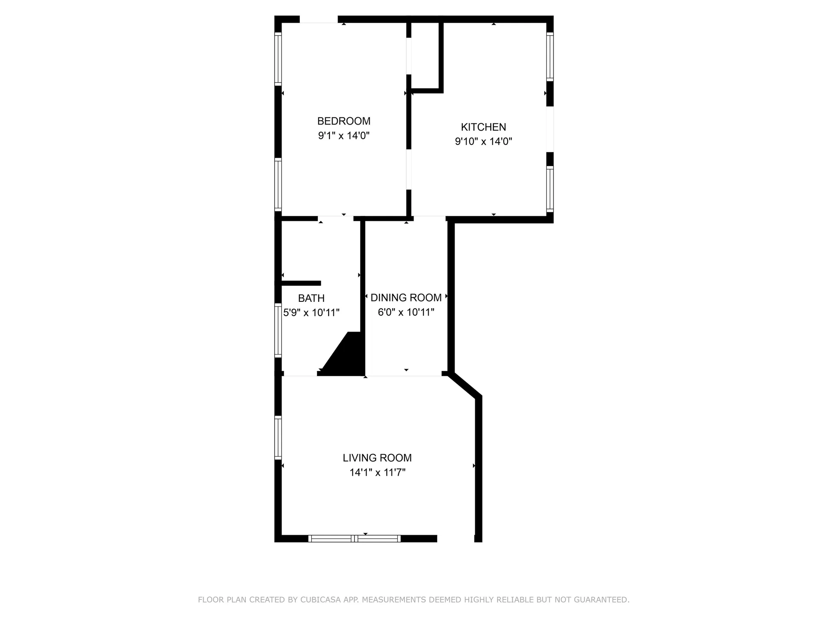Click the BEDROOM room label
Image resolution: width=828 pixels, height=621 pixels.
344,121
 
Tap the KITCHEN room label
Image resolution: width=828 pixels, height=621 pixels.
483,127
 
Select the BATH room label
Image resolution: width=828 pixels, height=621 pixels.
311,298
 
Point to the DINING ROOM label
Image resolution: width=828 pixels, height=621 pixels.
406,298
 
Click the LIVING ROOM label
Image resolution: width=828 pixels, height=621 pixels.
377,458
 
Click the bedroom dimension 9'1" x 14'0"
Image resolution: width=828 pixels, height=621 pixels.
344,136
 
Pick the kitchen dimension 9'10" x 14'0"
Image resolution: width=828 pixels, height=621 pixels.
483,141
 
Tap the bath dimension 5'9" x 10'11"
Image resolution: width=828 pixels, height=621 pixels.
311,313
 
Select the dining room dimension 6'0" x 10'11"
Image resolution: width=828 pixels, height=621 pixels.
406,312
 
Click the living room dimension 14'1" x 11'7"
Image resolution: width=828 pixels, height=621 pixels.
377,473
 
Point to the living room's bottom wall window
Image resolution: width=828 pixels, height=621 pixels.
354,539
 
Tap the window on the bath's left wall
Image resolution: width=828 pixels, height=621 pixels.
278,330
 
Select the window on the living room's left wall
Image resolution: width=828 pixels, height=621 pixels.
278,437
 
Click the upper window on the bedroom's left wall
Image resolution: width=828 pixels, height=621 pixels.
278,59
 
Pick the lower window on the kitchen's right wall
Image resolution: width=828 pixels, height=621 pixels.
550,188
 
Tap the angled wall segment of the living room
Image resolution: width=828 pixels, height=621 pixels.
465,385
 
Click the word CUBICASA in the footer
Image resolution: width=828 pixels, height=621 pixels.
320,600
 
